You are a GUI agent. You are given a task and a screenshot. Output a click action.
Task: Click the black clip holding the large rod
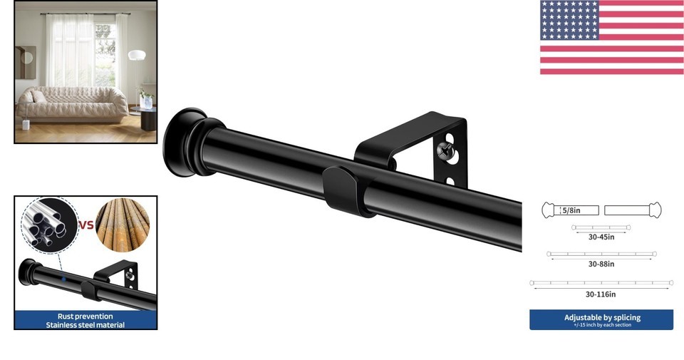(x=345, y=190)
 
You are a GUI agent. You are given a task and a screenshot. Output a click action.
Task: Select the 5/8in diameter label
(x=571, y=210)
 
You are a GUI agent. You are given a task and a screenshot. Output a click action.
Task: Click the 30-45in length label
(x=601, y=237)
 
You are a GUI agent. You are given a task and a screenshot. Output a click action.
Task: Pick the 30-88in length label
(x=601, y=264)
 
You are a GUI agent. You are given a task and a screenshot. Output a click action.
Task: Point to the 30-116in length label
(x=601, y=294)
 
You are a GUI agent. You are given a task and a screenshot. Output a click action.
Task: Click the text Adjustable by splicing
(x=603, y=317)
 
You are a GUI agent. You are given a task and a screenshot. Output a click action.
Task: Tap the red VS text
(x=86, y=225)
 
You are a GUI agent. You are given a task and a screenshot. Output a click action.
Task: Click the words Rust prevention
(x=85, y=317)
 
